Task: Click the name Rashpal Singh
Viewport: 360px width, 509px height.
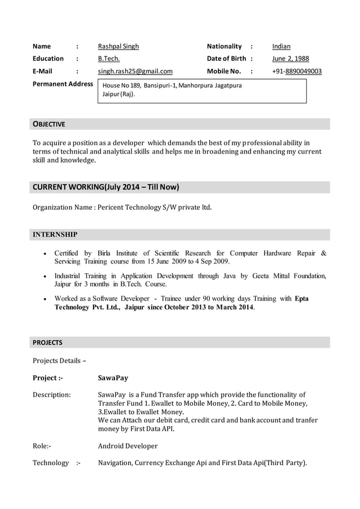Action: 118,46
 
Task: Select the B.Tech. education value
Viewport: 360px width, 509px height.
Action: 109,59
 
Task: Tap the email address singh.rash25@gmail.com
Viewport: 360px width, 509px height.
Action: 135,71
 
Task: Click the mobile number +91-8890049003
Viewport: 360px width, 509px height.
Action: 297,71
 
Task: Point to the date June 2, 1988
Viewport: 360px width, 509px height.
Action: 290,59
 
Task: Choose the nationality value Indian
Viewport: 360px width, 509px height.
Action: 281,46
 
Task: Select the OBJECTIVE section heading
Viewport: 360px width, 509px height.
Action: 49,124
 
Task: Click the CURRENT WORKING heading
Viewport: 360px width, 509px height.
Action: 106,187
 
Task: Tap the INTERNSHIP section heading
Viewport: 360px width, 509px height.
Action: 55,234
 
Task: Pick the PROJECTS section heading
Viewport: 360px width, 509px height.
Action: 47,343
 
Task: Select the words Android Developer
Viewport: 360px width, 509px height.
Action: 128,446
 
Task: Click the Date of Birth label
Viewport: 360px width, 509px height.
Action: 226,59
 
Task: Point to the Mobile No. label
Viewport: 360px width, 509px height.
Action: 224,71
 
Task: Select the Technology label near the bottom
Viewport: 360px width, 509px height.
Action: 51,463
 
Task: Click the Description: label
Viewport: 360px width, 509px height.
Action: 52,394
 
